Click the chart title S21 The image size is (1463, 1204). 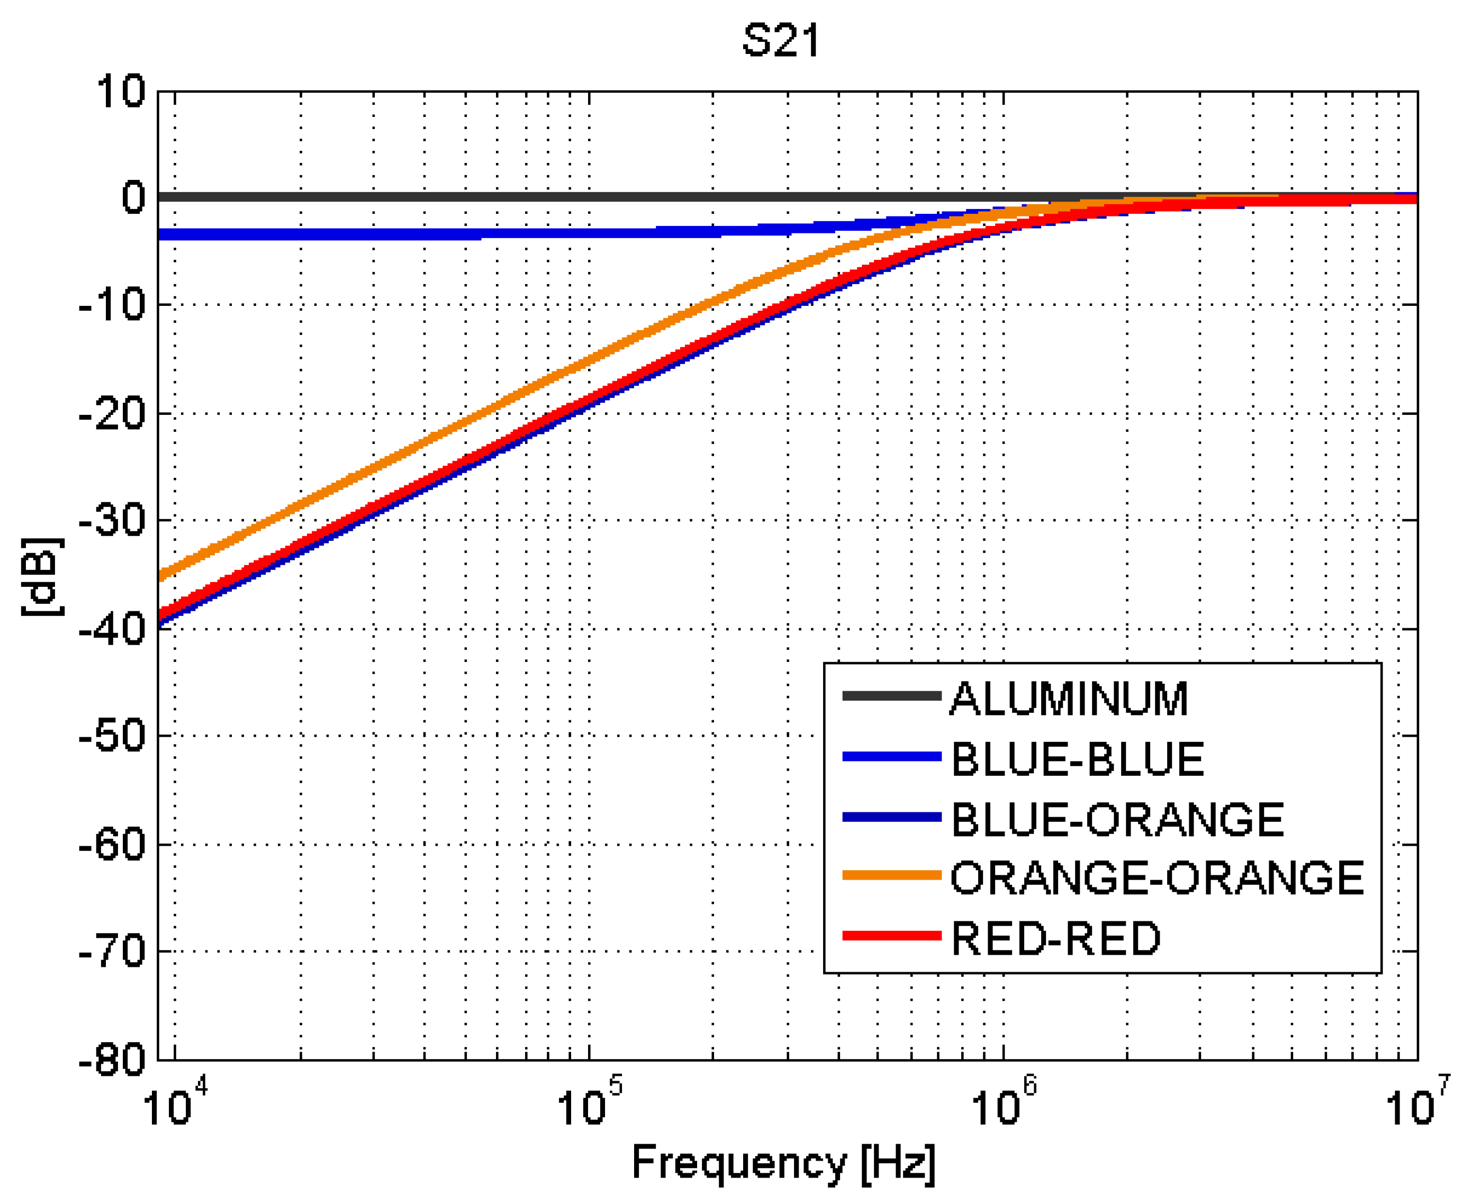click(781, 40)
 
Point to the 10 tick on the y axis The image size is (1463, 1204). click(121, 92)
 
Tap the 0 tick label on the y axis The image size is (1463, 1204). click(133, 197)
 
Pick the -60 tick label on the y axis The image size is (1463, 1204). click(113, 844)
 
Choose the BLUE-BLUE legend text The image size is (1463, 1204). click(1077, 759)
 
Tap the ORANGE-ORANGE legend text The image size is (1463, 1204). click(1157, 877)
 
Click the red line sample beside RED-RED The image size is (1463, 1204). click(891, 936)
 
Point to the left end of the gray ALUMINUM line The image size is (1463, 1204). click(161, 197)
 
